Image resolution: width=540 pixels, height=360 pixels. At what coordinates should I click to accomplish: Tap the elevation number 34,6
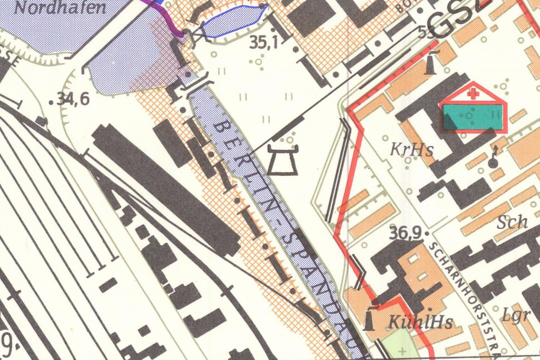click(73, 99)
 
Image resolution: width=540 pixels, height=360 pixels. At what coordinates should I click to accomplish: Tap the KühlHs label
click(414, 322)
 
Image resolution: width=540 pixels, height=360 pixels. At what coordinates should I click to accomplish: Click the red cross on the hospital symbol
click(472, 94)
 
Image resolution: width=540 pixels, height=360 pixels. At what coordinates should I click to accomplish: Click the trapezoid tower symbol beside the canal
click(283, 160)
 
